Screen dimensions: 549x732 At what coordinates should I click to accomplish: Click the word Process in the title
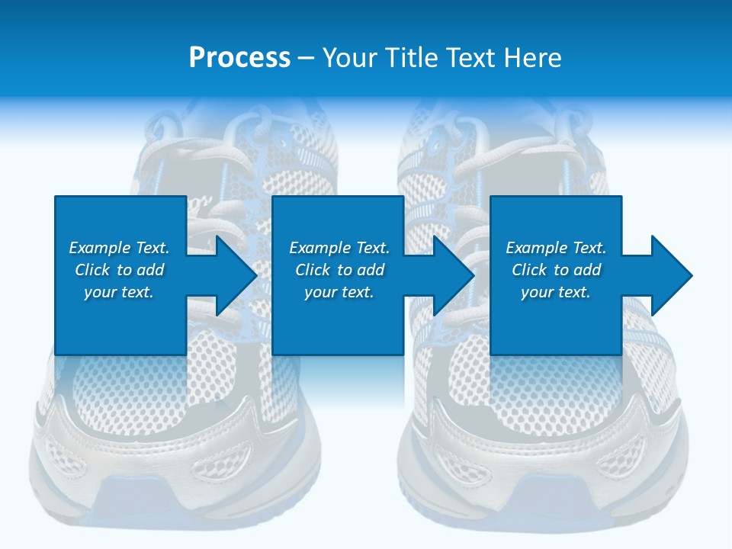[239, 58]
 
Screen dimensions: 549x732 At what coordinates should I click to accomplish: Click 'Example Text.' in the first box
[119, 248]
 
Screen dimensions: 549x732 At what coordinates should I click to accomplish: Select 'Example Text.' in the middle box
[339, 248]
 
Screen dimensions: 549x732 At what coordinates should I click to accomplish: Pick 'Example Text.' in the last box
[556, 248]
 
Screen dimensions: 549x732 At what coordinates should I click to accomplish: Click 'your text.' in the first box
[119, 292]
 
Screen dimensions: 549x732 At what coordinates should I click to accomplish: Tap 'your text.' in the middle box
[339, 292]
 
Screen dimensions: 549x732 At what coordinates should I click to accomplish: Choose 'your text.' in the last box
[556, 292]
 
